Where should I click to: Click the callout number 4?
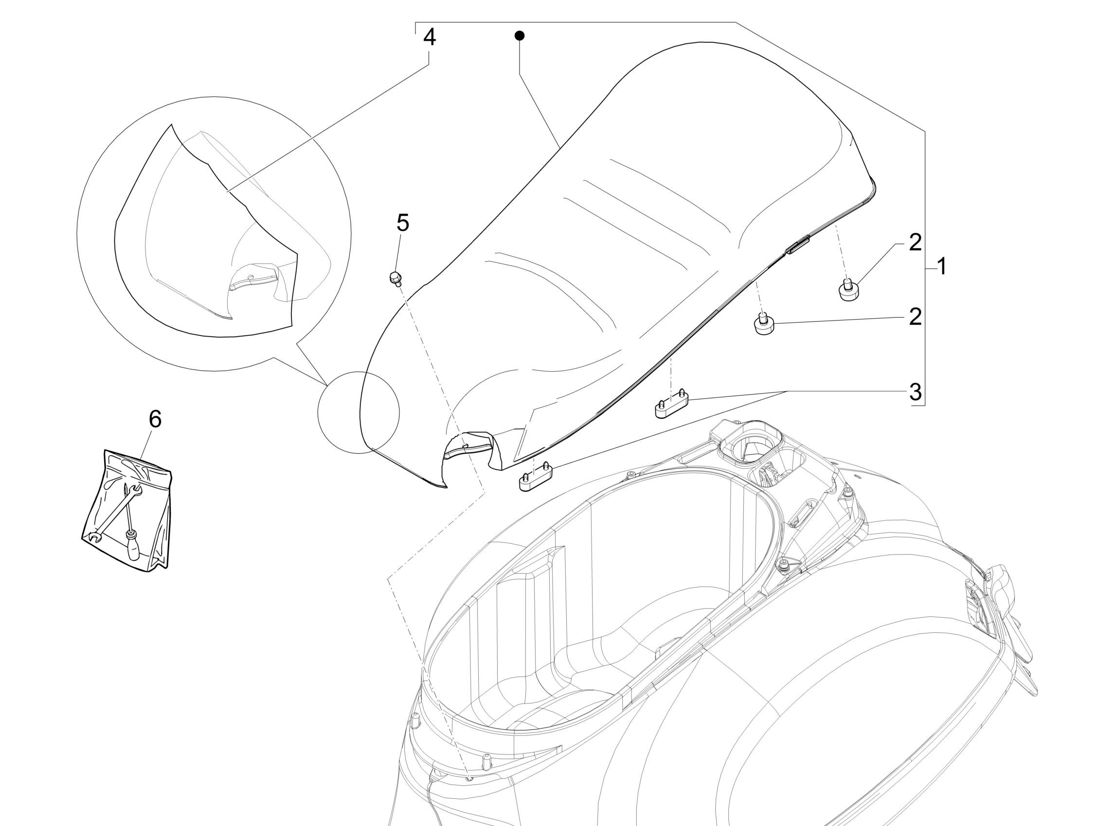click(x=429, y=37)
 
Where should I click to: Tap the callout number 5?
click(x=403, y=223)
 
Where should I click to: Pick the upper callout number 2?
click(x=915, y=242)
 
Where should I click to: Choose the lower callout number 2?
click(x=915, y=317)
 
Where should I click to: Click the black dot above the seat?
click(x=519, y=36)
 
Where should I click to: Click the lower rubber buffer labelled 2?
click(x=764, y=325)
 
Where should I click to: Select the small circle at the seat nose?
click(x=358, y=412)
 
